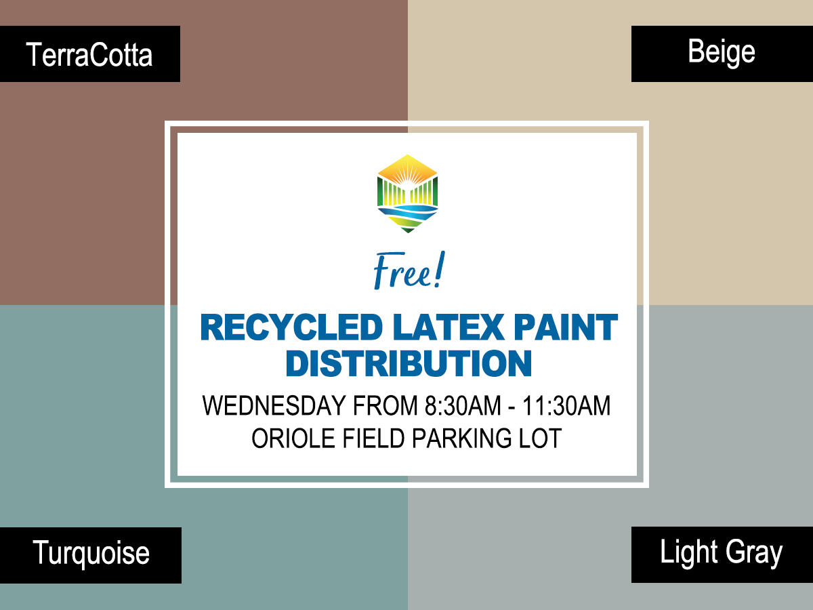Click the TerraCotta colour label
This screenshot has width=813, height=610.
(89, 54)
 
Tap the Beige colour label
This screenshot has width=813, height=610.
(721, 52)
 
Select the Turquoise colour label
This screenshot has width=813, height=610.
(91, 554)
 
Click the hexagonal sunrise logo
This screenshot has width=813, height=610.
(407, 193)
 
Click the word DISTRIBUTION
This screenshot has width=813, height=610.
(408, 363)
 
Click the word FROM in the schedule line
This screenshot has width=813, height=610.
(385, 406)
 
